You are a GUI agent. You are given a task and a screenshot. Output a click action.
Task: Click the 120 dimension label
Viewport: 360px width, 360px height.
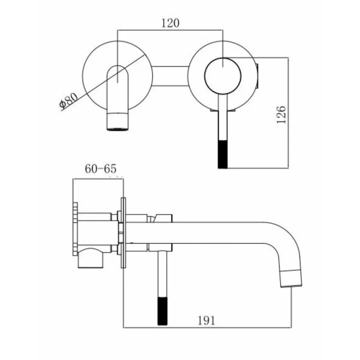pyautogui.click(x=170, y=23)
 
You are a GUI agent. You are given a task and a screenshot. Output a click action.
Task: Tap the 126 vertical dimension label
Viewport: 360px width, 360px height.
pyautogui.click(x=281, y=115)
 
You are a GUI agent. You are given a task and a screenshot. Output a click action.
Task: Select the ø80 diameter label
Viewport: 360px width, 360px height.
pyautogui.click(x=68, y=100)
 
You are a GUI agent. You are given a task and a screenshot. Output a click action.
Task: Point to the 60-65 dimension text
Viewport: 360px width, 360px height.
pyautogui.click(x=101, y=169)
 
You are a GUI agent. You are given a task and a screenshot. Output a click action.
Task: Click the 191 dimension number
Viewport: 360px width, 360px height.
pyautogui.click(x=206, y=320)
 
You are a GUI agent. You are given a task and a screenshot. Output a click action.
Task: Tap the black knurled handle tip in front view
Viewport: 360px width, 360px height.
pyautogui.click(x=223, y=154)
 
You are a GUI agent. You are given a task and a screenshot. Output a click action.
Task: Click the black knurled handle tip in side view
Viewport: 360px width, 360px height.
pyautogui.click(x=163, y=311)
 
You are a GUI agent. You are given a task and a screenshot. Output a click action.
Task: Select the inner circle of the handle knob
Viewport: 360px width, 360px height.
pyautogui.click(x=223, y=76)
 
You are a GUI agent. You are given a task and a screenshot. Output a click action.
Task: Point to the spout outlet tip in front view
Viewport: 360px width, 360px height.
pyautogui.click(x=118, y=122)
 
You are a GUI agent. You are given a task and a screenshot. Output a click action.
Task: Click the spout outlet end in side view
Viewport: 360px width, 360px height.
pyautogui.click(x=291, y=278)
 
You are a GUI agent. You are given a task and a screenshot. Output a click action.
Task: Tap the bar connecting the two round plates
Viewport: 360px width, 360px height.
pyautogui.click(x=170, y=76)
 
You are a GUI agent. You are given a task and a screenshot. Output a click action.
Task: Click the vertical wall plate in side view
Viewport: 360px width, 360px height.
pyautogui.click(x=123, y=233)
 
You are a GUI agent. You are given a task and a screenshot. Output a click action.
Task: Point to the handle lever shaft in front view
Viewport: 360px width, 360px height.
pyautogui.click(x=223, y=117)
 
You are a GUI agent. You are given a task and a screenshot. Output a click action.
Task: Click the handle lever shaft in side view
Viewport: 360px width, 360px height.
pyautogui.click(x=163, y=274)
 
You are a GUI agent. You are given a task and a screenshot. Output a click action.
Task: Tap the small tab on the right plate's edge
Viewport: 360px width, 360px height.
pyautogui.click(x=258, y=76)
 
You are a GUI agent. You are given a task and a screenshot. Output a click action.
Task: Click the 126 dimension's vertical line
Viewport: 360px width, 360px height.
pyautogui.click(x=288, y=113)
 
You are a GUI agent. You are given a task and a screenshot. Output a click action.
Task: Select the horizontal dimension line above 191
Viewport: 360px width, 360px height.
pyautogui.click(x=208, y=328)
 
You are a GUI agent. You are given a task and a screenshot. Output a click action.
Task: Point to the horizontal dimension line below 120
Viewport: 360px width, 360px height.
pyautogui.click(x=170, y=29)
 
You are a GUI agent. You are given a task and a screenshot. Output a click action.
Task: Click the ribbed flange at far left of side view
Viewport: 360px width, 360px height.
pyautogui.click(x=75, y=229)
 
